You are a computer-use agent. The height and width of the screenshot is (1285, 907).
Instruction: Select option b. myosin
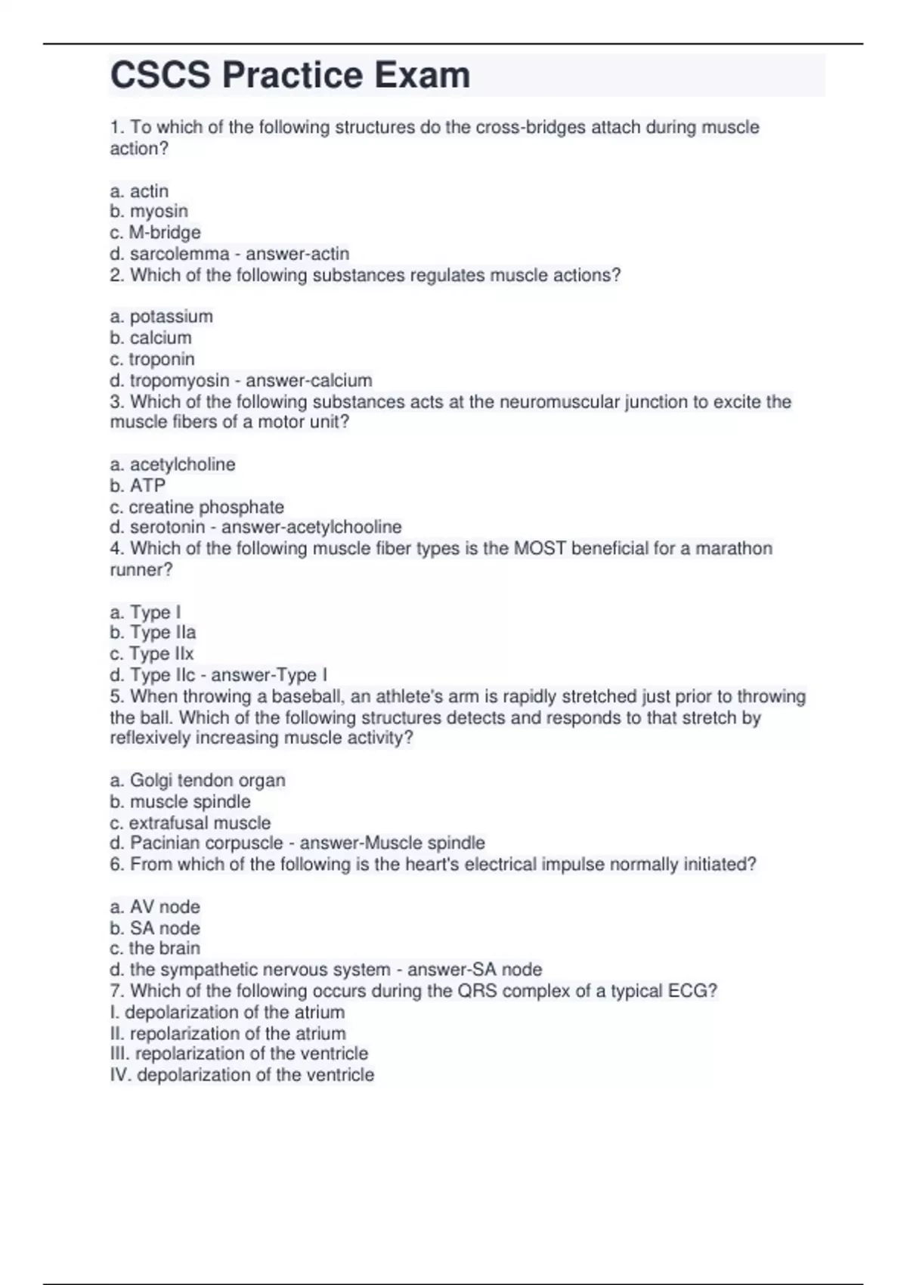149,212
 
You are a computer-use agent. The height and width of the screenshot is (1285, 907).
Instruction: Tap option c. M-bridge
155,233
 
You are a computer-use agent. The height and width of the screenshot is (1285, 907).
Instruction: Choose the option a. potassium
161,317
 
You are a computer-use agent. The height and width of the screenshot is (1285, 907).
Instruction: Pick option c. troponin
152,359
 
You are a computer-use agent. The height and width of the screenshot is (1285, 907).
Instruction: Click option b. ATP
138,485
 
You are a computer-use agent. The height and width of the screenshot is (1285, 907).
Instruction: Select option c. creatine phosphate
197,506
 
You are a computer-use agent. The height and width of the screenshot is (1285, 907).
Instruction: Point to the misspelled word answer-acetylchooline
311,527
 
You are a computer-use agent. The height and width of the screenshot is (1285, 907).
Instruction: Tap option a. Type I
145,612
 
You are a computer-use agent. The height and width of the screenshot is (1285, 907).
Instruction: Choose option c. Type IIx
151,654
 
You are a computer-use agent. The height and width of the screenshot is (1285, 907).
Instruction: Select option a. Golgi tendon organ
197,780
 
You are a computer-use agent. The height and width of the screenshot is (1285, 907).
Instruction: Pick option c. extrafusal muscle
190,822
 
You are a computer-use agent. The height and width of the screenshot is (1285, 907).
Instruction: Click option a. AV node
155,907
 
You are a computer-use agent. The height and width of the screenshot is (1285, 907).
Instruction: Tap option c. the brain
155,949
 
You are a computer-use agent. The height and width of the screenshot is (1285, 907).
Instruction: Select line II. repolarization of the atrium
228,1033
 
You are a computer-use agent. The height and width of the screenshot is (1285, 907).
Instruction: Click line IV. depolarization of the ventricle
242,1075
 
